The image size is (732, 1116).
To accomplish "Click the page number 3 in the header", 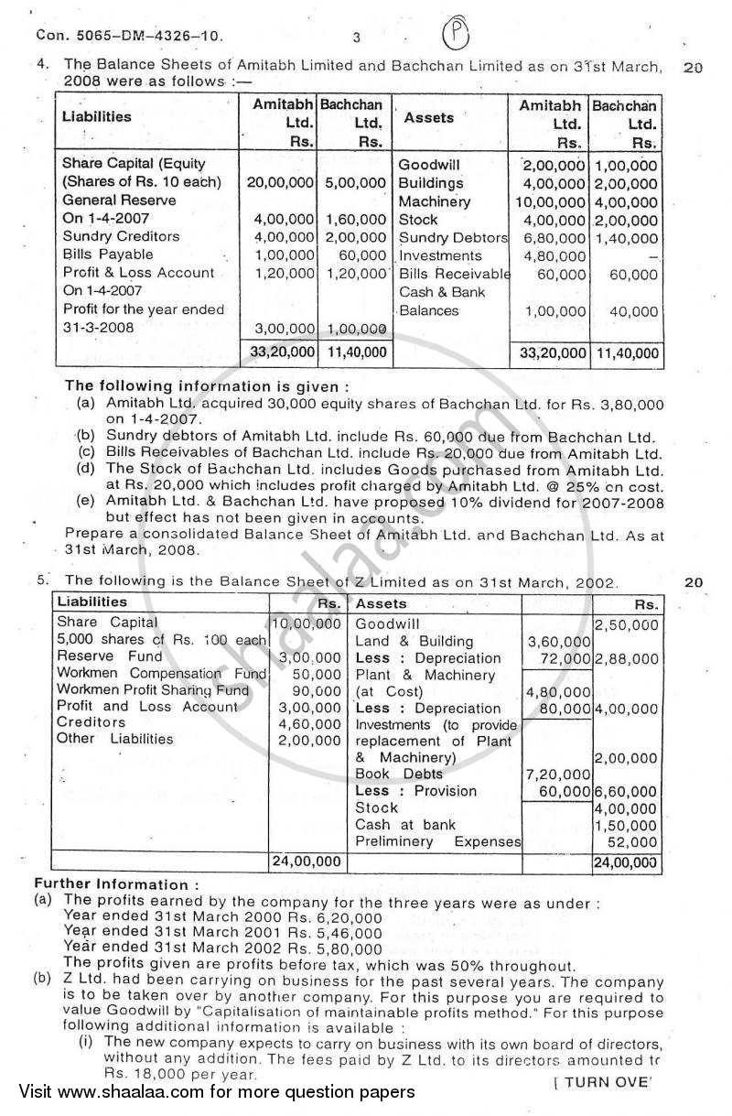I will pyautogui.click(x=356, y=38).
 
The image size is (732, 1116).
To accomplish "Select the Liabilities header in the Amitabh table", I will pyautogui.click(x=96, y=116).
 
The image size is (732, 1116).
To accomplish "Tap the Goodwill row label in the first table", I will pyautogui.click(x=429, y=165).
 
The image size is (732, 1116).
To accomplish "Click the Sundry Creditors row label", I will pyautogui.click(x=121, y=237).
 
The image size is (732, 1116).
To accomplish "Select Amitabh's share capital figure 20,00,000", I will pyautogui.click(x=281, y=182).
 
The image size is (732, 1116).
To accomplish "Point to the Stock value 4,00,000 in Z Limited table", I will pyautogui.click(x=626, y=808).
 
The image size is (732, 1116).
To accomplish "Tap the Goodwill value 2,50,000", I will pyautogui.click(x=626, y=625).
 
